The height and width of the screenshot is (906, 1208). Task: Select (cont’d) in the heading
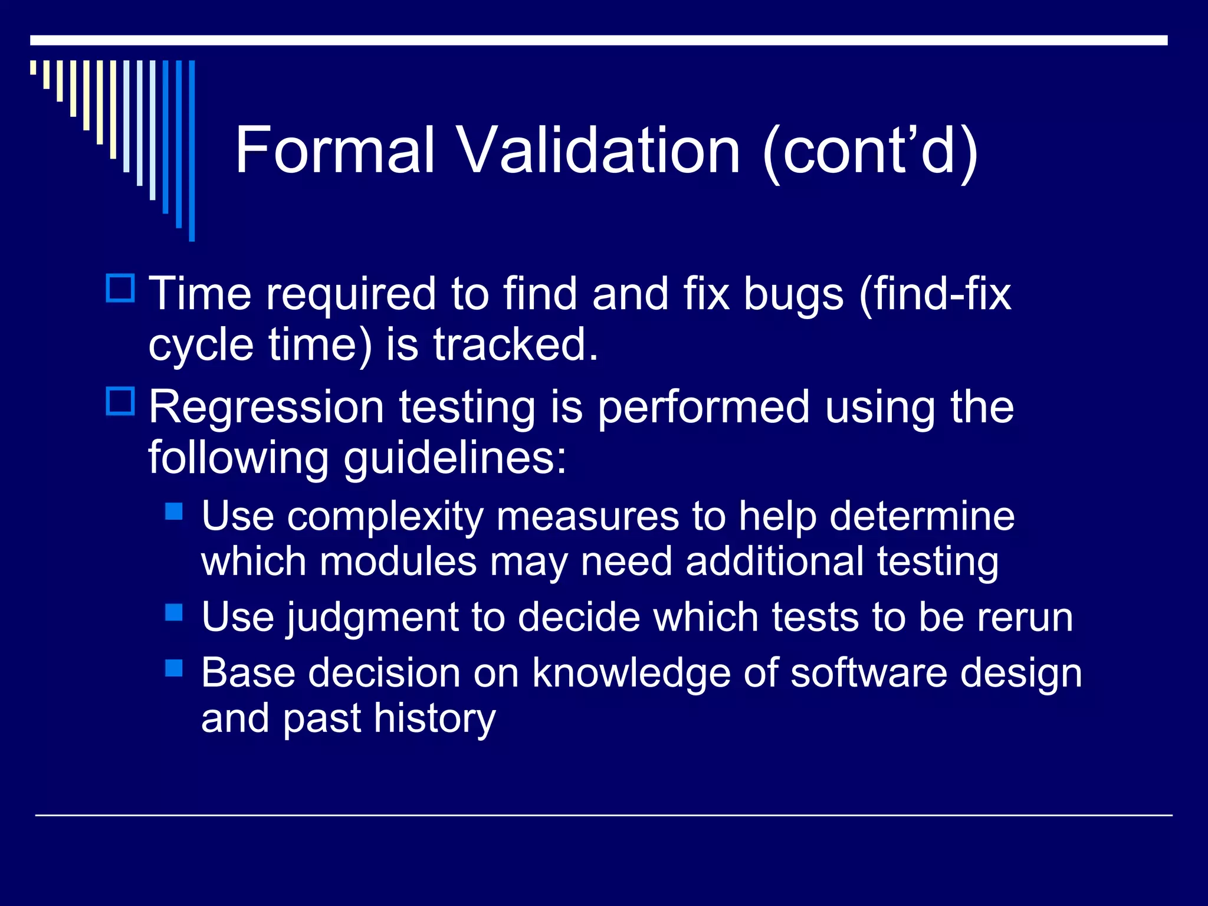click(x=871, y=152)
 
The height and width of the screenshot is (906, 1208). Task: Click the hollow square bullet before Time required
click(x=120, y=288)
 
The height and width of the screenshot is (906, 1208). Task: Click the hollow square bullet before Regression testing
click(x=120, y=401)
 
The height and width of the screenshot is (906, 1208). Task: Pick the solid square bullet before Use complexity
click(x=174, y=511)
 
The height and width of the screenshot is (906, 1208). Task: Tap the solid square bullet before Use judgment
click(x=174, y=612)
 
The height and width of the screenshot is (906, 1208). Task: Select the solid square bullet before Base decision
click(x=174, y=668)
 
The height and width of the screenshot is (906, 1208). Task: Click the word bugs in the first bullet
click(x=793, y=295)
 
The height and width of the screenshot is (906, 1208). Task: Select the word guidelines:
click(x=455, y=459)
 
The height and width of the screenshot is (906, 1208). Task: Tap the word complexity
click(x=385, y=517)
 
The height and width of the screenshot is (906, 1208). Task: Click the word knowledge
click(x=631, y=674)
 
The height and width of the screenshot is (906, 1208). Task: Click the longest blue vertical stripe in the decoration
click(x=192, y=150)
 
